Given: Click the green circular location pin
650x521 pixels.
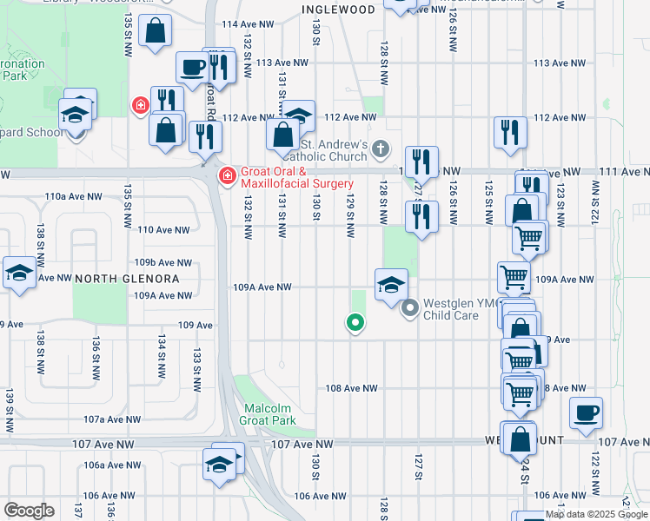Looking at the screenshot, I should (355, 323).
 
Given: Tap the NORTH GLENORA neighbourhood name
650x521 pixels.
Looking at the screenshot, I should (126, 279).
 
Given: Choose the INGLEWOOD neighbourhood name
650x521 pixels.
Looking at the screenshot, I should (338, 10).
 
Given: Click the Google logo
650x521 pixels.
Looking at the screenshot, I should (29, 511).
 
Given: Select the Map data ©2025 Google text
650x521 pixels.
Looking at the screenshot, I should (596, 514).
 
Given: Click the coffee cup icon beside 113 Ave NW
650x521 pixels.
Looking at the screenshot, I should (192, 66).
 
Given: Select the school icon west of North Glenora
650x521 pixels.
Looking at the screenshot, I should (18, 273).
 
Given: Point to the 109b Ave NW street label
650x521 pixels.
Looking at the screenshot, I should (162, 262).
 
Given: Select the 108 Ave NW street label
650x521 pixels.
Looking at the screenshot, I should (351, 388).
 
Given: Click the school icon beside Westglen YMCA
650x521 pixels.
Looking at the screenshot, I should (391, 283).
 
